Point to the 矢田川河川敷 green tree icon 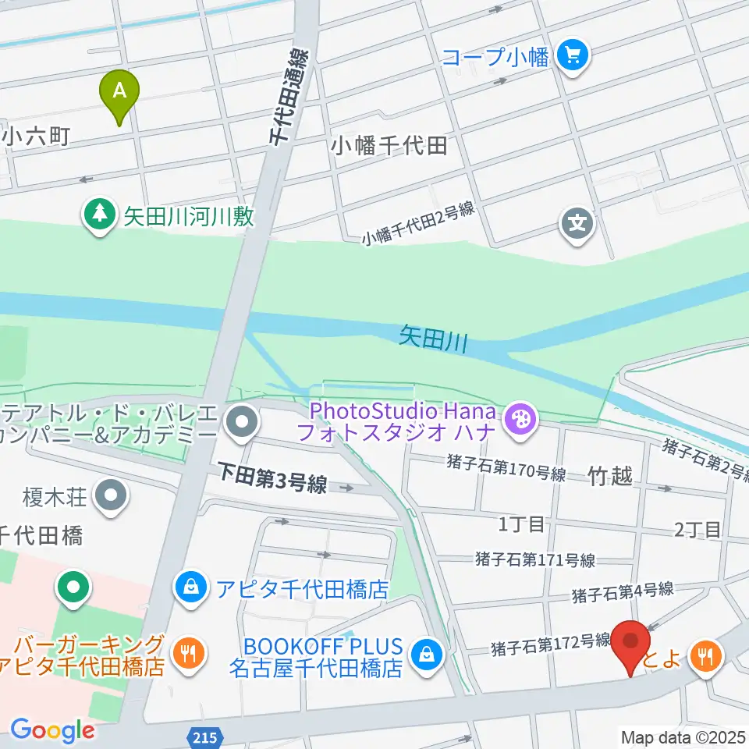click(x=98, y=216)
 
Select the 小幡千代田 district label click(x=389, y=145)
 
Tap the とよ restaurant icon click(x=706, y=658)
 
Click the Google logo click(x=52, y=730)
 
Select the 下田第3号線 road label click(x=272, y=485)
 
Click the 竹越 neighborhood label click(x=611, y=476)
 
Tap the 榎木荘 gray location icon click(x=110, y=495)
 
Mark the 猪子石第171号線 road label click(x=535, y=559)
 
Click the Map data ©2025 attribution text click(x=683, y=736)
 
